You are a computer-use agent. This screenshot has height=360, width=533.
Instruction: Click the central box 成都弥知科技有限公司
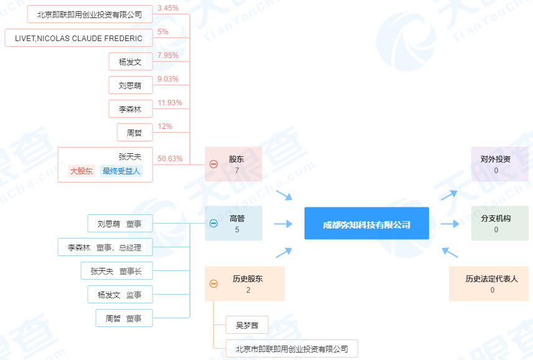pyautogui.click(x=366, y=224)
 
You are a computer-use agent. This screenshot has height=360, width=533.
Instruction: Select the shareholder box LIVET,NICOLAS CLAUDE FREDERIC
pyautogui.click(x=78, y=38)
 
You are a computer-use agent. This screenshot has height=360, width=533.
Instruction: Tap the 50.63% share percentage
pyautogui.click(x=170, y=159)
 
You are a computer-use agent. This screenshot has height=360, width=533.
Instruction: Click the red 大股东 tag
pyautogui.click(x=82, y=171)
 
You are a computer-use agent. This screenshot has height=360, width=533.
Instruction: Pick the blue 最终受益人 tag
pyautogui.click(x=121, y=171)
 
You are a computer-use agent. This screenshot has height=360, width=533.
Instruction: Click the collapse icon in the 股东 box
pyautogui.click(x=214, y=164)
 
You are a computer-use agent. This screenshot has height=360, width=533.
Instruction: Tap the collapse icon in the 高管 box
pyautogui.click(x=214, y=224)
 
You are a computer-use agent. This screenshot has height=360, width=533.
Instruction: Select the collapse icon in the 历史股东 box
pyautogui.click(x=214, y=283)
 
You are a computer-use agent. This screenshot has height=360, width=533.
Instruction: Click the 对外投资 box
pyautogui.click(x=499, y=164)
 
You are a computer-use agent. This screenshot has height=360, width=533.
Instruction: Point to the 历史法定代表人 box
pyautogui.click(x=489, y=283)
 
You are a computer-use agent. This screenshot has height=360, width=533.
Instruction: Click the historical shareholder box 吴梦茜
pyautogui.click(x=247, y=325)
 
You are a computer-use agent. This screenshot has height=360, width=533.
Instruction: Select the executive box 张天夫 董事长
pyautogui.click(x=116, y=270)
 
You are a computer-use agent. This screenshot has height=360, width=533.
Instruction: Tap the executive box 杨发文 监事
pyautogui.click(x=120, y=295)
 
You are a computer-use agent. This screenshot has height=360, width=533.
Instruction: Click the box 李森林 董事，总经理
pyautogui.click(x=105, y=247)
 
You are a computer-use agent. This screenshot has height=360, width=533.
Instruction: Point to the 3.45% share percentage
pyautogui.click(x=168, y=8)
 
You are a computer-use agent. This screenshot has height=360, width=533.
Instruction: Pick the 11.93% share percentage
pyautogui.click(x=170, y=103)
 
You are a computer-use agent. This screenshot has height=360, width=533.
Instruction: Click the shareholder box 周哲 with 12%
pyautogui.click(x=134, y=132)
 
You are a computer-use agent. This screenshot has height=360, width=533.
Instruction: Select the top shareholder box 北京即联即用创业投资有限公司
pyautogui.click(x=90, y=14)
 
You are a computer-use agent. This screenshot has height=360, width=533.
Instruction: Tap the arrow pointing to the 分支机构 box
pyautogui.click(x=450, y=224)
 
